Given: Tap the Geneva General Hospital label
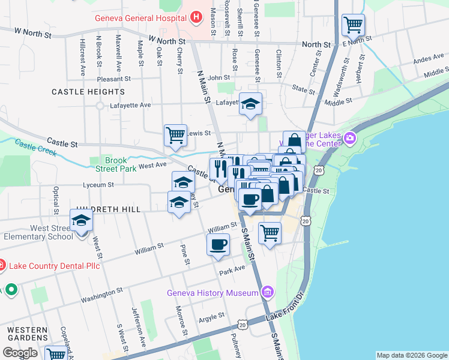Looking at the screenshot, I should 140,18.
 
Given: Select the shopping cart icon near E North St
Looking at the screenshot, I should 354,25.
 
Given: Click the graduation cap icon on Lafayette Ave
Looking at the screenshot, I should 251,104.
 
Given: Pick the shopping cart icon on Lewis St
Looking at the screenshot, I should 175,134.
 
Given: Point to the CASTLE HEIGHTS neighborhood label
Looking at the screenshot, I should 88,92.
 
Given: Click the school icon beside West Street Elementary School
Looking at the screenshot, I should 81,220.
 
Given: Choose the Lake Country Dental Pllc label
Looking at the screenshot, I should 46,264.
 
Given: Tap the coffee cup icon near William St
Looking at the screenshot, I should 218,244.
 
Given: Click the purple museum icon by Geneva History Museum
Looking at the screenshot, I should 268,293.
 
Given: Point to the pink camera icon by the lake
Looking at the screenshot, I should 350,140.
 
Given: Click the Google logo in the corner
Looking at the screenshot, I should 20,353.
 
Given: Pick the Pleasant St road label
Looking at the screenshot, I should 113,79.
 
